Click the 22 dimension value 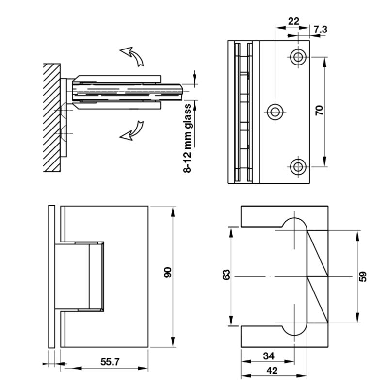[293, 21]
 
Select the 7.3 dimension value [321, 30]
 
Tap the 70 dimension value [319, 110]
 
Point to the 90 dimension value [168, 273]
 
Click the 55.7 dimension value [110, 361]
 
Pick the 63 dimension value [226, 275]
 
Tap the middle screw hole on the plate [275, 112]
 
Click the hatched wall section [51, 116]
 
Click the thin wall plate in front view [51, 275]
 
